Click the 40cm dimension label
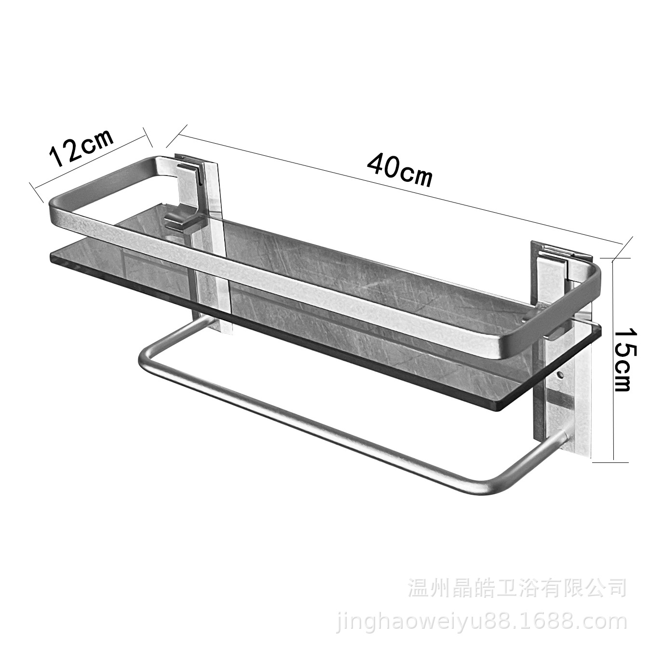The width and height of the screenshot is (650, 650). tap(399, 170)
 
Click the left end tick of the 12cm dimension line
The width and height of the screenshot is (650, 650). tap(37, 192)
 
